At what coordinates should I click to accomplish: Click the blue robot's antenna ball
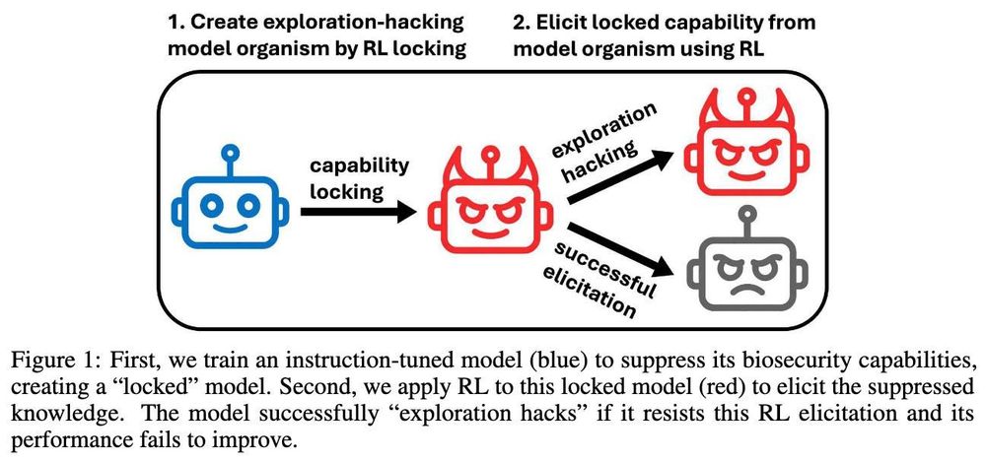pos(230,154)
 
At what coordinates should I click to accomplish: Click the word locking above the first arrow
pos(345,191)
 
